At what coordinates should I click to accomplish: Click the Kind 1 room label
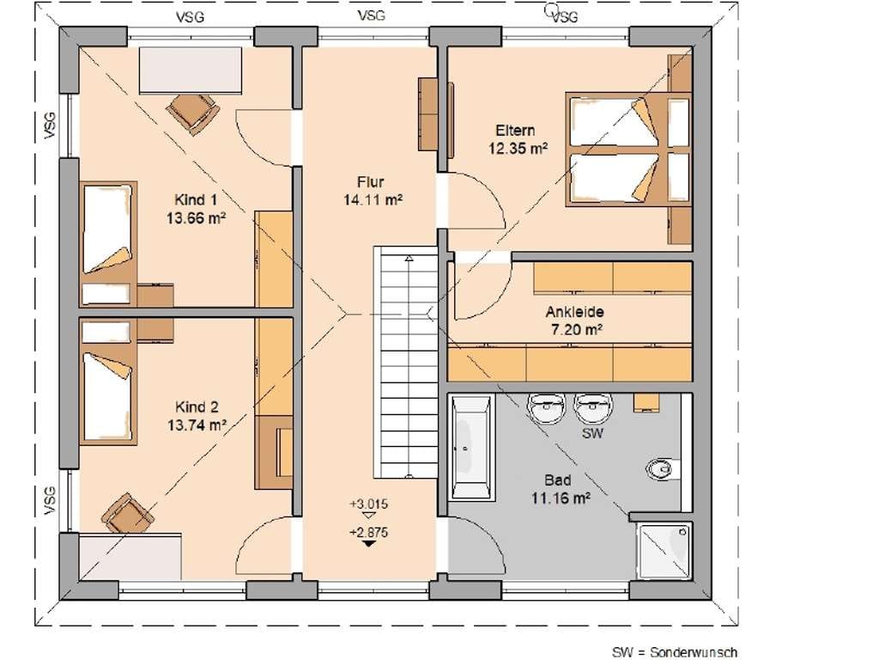[x=196, y=199]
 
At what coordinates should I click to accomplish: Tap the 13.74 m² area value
[x=197, y=425]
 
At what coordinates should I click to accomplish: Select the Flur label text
[x=371, y=182]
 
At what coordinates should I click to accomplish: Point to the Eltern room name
[x=515, y=131]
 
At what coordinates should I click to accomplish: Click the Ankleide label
[x=574, y=312]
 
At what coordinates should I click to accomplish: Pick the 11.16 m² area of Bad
[x=561, y=498]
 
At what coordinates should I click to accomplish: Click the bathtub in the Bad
[x=472, y=447]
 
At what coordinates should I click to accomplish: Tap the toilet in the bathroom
[x=663, y=468]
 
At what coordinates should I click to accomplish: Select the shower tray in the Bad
[x=664, y=551]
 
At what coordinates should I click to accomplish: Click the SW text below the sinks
[x=592, y=433]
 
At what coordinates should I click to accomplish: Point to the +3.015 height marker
[x=368, y=504]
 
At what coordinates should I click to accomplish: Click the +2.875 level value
[x=368, y=532]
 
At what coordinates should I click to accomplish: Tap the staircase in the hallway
[x=406, y=363]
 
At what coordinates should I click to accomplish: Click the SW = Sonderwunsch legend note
[x=674, y=652]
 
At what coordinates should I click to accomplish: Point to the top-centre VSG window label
[x=371, y=15]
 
